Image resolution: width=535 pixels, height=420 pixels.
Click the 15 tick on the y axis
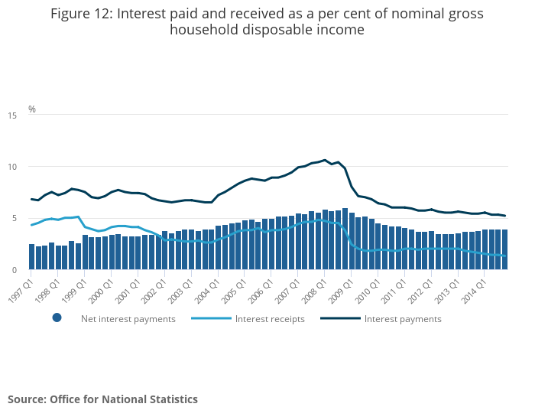(12, 116)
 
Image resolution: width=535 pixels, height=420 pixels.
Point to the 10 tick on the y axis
(12, 167)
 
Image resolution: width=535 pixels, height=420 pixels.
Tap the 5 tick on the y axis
(15, 219)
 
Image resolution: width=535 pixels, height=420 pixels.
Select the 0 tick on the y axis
(15, 270)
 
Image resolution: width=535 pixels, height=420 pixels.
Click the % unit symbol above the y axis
(32, 109)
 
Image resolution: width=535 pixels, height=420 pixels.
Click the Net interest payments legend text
(128, 319)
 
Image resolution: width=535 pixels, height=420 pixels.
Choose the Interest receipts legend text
(270, 319)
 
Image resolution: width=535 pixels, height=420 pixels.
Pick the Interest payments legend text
(403, 319)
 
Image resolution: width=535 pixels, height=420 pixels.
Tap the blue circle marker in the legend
(57, 318)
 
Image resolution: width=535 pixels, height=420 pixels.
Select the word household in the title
(209, 31)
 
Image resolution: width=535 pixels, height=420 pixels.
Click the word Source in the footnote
(26, 399)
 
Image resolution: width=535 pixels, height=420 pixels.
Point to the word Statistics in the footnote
(171, 399)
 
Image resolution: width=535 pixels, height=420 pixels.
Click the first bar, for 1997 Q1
(32, 257)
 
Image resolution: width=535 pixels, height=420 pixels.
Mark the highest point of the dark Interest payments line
(325, 160)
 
